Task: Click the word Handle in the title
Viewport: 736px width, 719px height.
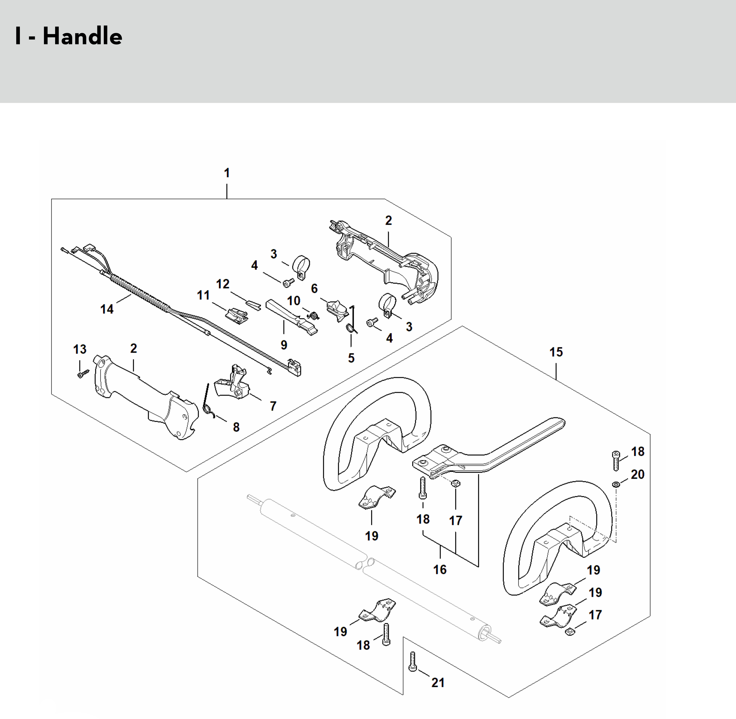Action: pos(82,37)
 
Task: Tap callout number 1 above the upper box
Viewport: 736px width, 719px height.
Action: pos(226,173)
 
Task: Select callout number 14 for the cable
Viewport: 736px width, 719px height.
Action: pos(107,309)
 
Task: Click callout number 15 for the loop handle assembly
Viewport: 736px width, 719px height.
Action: pos(556,352)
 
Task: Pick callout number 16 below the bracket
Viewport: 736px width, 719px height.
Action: pos(440,569)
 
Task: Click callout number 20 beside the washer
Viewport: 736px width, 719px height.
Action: pos(637,474)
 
